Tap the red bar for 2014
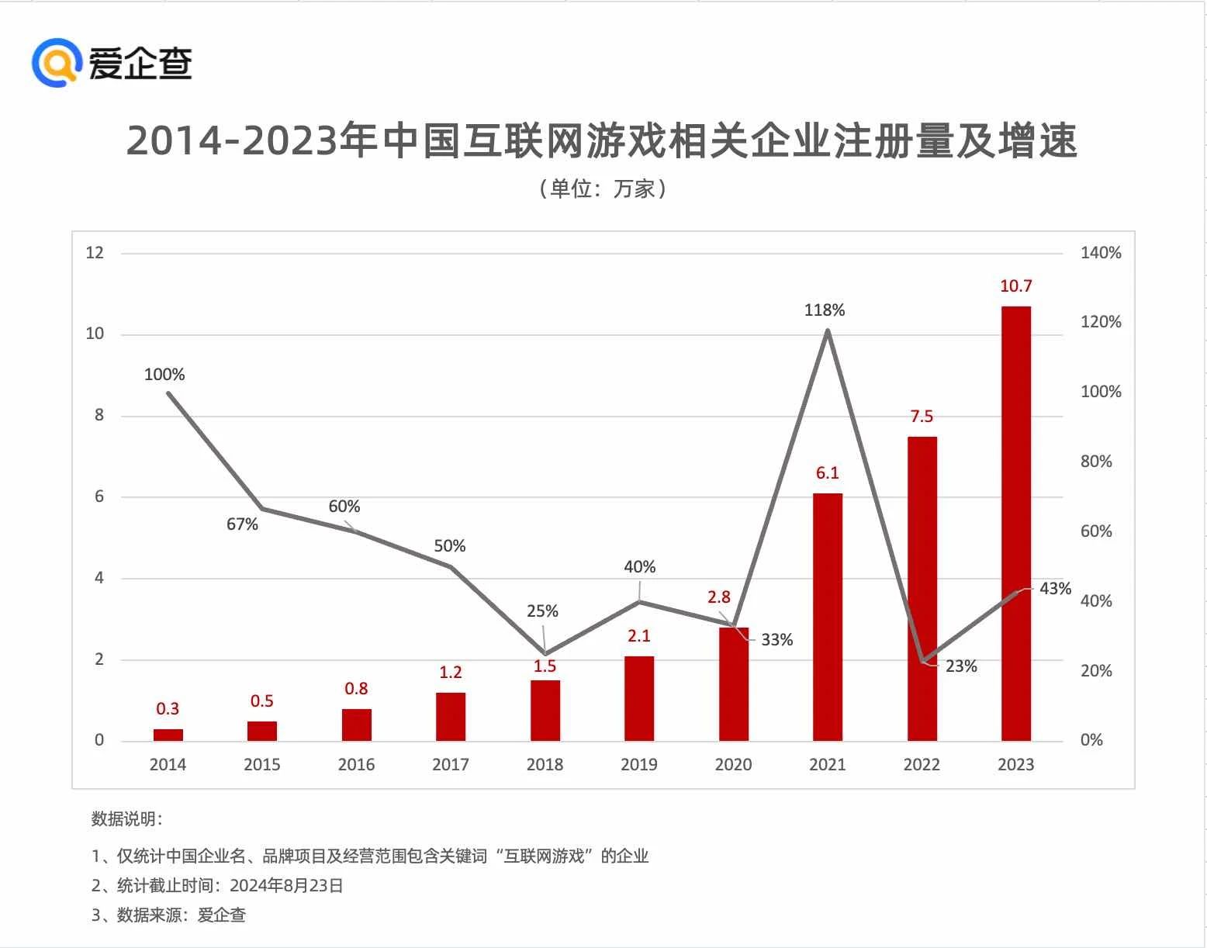click(168, 735)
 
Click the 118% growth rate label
click(824, 310)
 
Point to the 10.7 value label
click(1015, 286)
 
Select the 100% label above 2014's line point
click(164, 375)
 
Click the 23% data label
click(961, 666)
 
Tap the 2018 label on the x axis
click(545, 765)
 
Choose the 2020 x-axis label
click(733, 765)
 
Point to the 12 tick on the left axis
click(95, 253)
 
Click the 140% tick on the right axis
click(1100, 253)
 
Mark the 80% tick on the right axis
click(1095, 462)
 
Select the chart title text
click(601, 141)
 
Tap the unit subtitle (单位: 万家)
click(602, 189)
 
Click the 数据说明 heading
click(126, 819)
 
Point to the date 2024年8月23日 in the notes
click(286, 886)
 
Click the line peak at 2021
click(828, 330)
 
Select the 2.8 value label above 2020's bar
click(718, 597)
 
